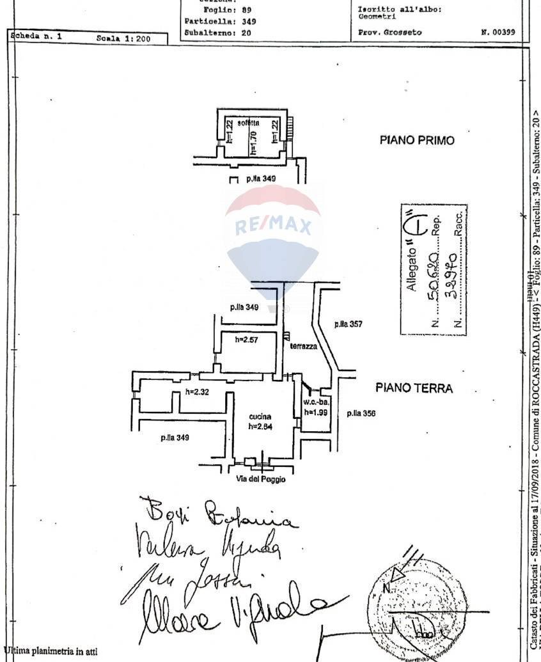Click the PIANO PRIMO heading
click(417, 140)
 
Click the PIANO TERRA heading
click(414, 388)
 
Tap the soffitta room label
click(248, 122)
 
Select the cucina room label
click(260, 417)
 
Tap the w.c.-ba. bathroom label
click(316, 402)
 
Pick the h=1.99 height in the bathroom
click(315, 413)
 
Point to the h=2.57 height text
click(246, 340)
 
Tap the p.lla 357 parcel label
click(348, 324)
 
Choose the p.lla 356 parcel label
click(361, 413)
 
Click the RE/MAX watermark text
click(273, 226)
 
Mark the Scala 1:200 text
click(123, 38)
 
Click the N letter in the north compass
click(386, 587)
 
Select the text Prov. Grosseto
click(389, 32)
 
